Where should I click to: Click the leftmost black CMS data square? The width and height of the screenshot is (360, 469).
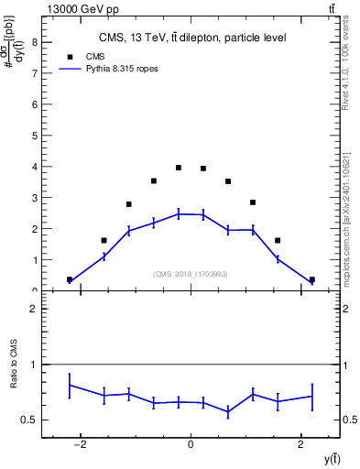(x=70, y=279)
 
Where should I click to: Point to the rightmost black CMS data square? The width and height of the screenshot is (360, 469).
(x=311, y=279)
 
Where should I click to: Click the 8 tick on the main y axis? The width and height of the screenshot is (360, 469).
(x=34, y=42)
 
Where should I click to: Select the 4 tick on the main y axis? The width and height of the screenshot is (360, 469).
(x=34, y=167)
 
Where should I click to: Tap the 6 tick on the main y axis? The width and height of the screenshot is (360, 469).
(x=34, y=104)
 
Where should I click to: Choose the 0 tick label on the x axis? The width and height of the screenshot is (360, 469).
(x=191, y=444)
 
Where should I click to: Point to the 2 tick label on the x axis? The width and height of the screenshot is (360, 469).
(x=300, y=444)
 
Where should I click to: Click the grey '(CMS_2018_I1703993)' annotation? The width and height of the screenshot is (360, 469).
(x=190, y=274)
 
